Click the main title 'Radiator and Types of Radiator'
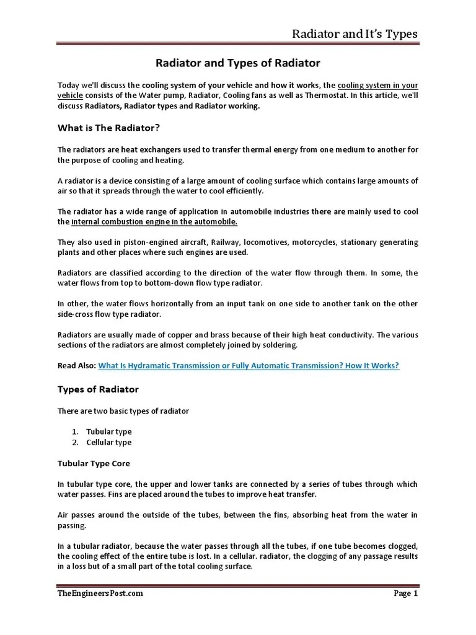tap(237, 63)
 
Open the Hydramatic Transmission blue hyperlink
tap(249, 366)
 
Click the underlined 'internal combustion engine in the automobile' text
tap(154, 221)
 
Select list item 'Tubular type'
tap(109, 432)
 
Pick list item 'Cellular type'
tap(109, 442)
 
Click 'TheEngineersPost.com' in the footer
tap(100, 593)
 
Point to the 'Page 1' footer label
tap(406, 593)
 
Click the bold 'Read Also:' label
tap(77, 366)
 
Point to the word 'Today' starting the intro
tap(69, 85)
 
